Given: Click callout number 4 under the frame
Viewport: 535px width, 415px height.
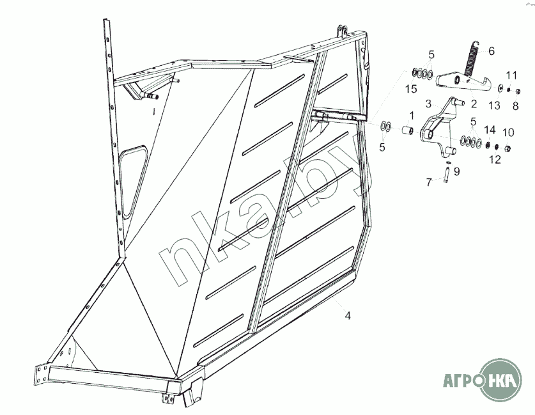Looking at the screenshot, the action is (x=347, y=316).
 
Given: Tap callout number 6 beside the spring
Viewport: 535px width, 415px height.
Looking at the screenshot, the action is (x=492, y=51).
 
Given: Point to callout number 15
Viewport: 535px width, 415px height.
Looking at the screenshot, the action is (x=412, y=89).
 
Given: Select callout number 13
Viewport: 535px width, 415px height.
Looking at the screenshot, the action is (x=494, y=106).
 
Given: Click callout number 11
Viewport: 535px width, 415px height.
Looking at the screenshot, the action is (x=511, y=75).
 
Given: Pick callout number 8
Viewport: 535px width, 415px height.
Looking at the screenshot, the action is (x=516, y=106).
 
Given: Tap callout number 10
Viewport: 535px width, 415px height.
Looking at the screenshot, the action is (x=508, y=132).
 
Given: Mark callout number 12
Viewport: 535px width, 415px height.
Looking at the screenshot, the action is (x=495, y=159).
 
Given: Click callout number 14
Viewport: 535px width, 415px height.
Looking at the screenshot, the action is (x=490, y=130).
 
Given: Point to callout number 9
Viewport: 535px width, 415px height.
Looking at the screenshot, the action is (x=456, y=171).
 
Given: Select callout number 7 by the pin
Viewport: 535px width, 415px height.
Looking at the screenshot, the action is (x=430, y=182).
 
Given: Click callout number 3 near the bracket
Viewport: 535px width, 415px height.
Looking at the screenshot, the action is (x=428, y=104).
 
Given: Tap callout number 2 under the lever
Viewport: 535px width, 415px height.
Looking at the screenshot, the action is (x=474, y=104).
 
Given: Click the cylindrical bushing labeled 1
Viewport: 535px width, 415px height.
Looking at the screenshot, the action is (x=407, y=130).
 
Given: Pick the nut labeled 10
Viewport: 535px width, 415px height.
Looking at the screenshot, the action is (x=508, y=148).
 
